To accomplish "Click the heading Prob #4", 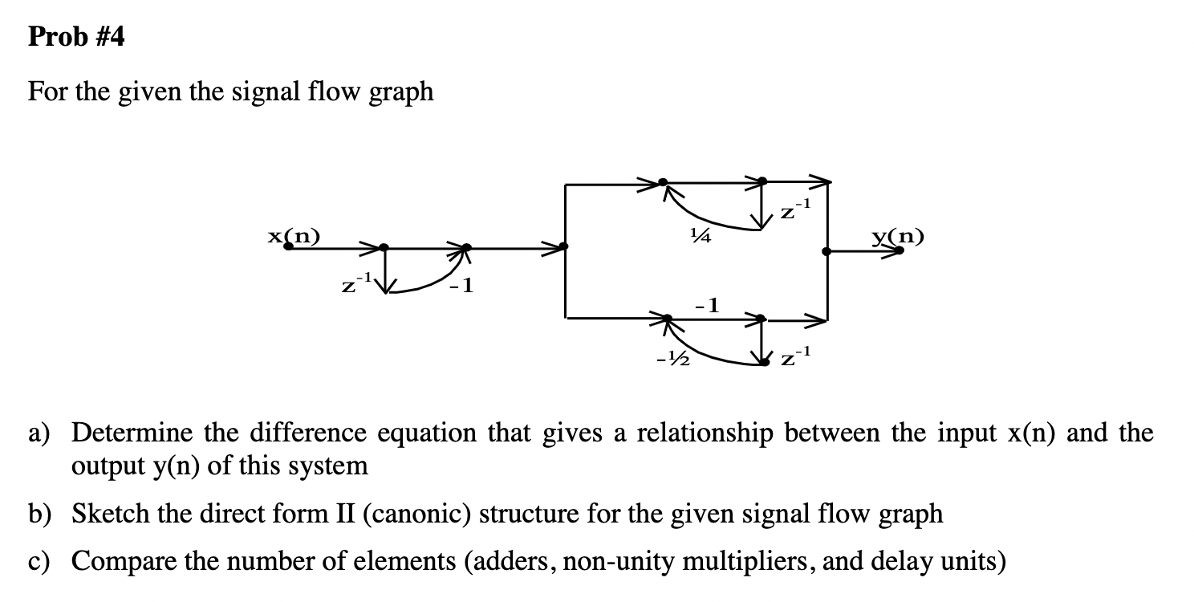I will [76, 37].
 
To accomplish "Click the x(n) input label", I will [293, 235].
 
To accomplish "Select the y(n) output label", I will [898, 236].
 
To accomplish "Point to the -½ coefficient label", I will [672, 360].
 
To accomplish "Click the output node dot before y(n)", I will [826, 251].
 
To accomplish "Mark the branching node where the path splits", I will [567, 246].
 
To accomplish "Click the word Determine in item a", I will [132, 433].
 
